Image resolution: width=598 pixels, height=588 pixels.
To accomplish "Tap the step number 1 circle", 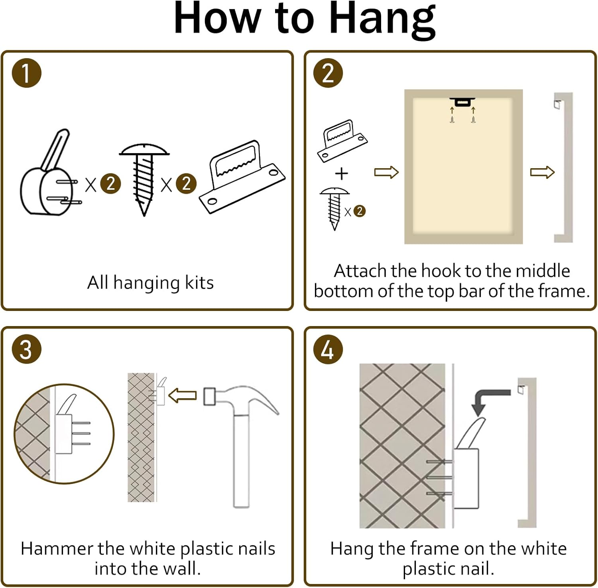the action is [x=26, y=73].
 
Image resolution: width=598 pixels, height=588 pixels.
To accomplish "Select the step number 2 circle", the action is [x=328, y=73].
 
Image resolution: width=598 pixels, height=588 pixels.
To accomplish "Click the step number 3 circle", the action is [x=26, y=349].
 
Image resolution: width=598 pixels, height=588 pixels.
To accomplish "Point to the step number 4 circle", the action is [x=328, y=349].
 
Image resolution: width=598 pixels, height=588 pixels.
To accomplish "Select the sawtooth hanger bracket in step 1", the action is [x=242, y=177].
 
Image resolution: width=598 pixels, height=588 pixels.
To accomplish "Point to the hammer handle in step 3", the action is [x=241, y=461].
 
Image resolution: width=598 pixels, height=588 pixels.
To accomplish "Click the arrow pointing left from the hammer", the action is [x=183, y=395].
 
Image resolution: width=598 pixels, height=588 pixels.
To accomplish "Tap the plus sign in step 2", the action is [x=342, y=173].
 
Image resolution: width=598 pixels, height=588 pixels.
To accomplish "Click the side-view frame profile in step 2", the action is [x=563, y=167].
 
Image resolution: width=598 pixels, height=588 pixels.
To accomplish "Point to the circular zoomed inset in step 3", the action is [x=64, y=434].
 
